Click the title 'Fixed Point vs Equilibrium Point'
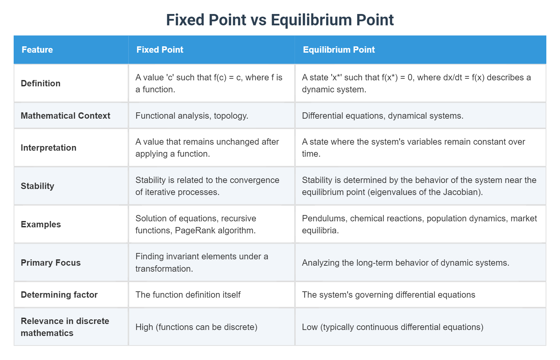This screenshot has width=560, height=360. tap(280, 20)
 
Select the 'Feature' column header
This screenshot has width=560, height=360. tap(37, 50)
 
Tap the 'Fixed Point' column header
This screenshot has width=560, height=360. tap(160, 50)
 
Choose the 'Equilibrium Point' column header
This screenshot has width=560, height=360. tap(339, 50)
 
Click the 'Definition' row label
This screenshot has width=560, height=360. tap(41, 83)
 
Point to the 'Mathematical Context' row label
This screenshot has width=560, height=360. tap(65, 116)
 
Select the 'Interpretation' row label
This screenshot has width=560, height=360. tap(49, 148)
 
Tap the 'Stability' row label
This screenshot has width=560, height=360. tap(37, 186)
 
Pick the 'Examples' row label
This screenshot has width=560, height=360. tap(41, 224)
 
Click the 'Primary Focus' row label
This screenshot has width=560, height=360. tap(51, 263)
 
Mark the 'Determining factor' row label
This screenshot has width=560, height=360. tap(59, 295)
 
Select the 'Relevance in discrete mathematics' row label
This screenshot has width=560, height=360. tap(65, 327)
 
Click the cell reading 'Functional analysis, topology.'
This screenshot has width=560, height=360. tap(192, 116)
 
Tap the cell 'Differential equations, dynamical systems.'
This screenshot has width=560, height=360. tap(382, 116)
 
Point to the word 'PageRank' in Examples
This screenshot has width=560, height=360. tap(195, 231)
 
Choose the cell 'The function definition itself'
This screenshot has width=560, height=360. tap(188, 295)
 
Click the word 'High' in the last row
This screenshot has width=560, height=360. tap(144, 327)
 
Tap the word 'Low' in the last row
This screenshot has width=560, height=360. tap(310, 327)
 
